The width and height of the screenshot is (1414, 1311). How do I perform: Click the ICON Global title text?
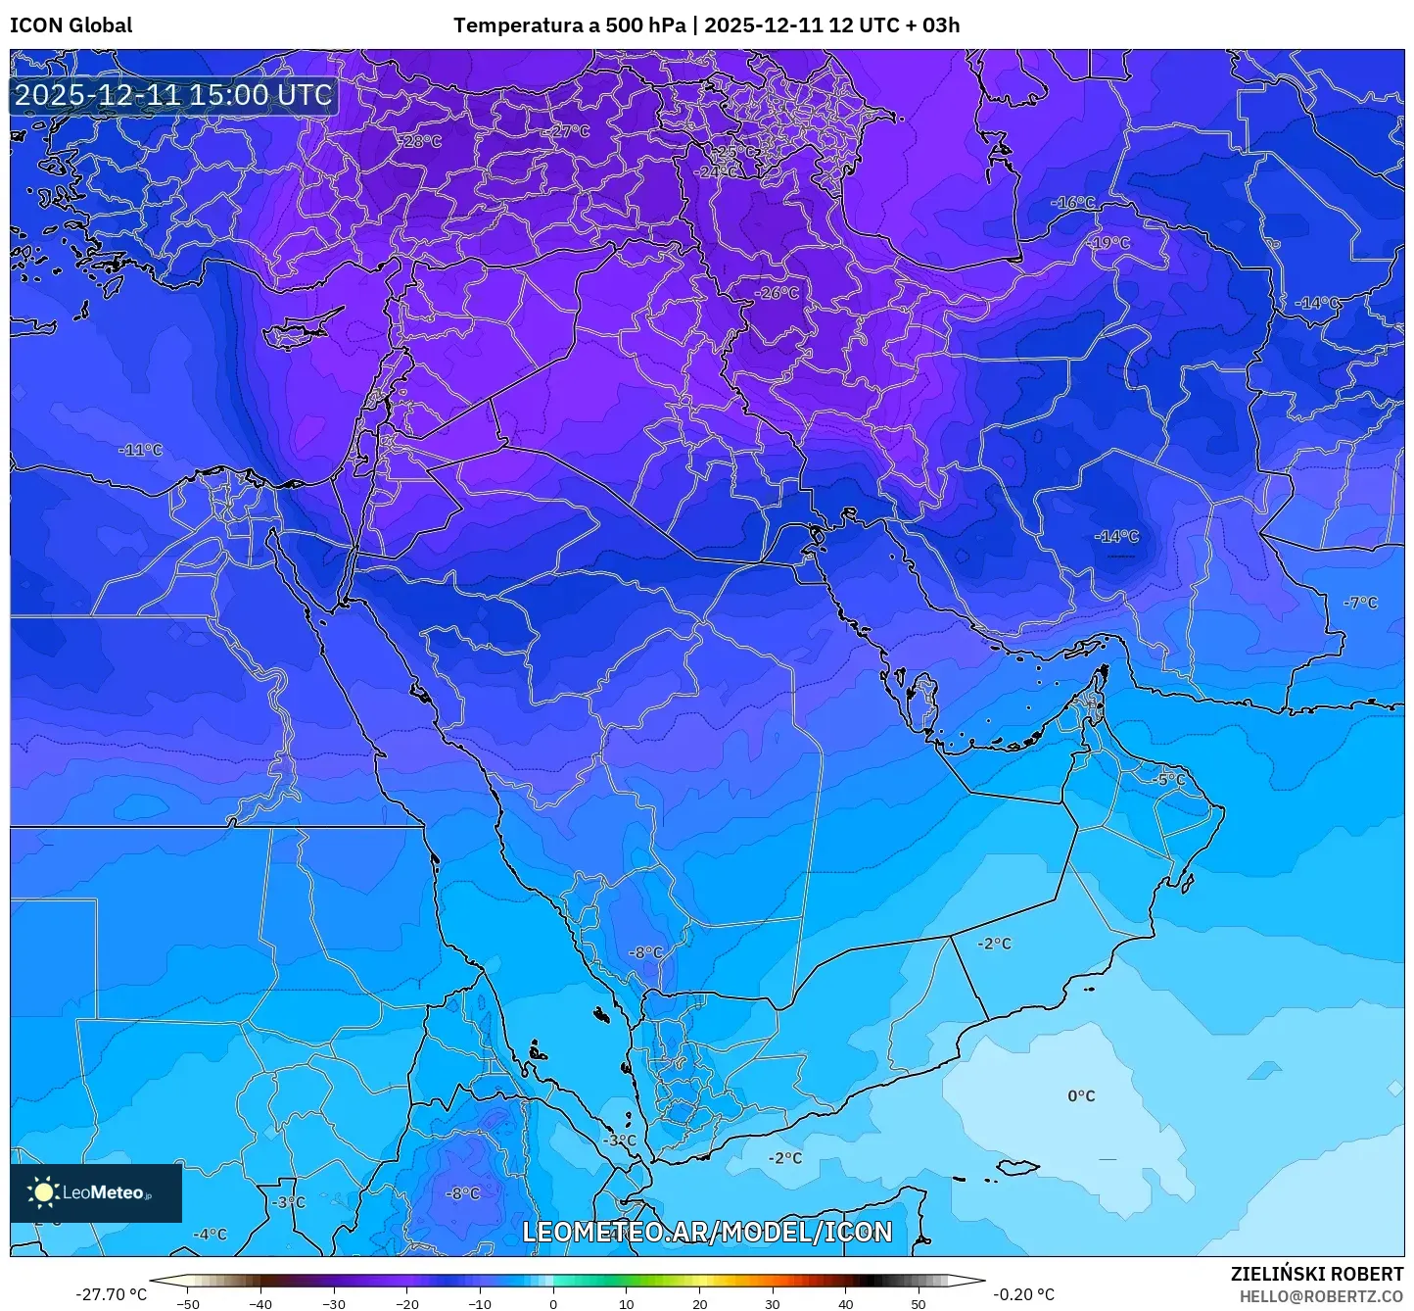[71, 25]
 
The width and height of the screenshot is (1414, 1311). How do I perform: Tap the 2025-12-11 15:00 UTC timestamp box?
[173, 95]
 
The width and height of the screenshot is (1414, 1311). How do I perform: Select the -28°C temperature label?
[419, 141]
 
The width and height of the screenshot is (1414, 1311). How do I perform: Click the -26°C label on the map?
[777, 293]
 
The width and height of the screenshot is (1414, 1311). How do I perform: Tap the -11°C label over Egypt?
[140, 450]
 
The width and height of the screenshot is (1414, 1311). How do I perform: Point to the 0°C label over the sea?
[1081, 1095]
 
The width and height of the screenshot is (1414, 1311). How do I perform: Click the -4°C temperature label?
[210, 1234]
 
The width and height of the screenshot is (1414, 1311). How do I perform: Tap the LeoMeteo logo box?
[96, 1192]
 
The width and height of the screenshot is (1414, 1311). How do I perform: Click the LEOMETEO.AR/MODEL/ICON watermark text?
[707, 1232]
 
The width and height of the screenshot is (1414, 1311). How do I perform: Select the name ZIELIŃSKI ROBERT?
[1317, 1274]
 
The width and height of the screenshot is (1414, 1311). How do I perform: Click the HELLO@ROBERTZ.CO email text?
[1321, 1296]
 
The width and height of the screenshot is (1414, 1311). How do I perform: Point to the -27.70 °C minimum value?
[111, 1294]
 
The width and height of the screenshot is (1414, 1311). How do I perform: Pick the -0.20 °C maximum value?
[1024, 1294]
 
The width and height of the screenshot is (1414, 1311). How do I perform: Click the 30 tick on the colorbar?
[773, 1304]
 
